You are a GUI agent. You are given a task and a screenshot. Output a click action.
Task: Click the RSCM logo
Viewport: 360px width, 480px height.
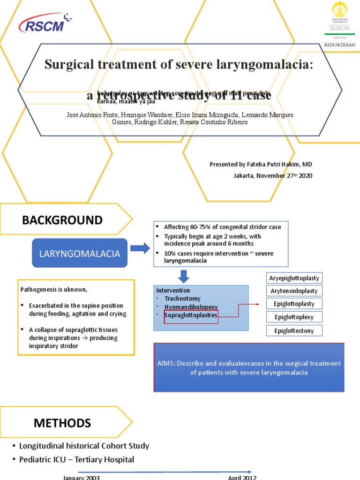click(x=45, y=24)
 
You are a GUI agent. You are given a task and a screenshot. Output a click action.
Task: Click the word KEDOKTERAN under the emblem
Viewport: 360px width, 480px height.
click(x=340, y=45)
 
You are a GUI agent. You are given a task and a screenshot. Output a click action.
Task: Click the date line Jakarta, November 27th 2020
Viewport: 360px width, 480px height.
click(x=272, y=176)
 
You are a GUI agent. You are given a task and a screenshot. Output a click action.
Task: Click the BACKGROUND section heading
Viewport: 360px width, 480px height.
click(x=62, y=220)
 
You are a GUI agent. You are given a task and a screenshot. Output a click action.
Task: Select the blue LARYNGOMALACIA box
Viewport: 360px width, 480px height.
click(x=79, y=254)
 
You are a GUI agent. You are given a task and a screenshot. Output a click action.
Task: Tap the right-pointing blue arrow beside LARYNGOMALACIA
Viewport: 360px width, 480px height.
click(x=139, y=248)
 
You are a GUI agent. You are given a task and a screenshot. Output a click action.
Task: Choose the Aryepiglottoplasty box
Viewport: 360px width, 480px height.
click(x=294, y=278)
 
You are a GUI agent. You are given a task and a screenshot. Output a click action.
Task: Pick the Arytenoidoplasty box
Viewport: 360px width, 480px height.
click(x=294, y=291)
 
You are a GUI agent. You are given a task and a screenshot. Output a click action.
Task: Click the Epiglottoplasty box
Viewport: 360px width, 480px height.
click(x=294, y=304)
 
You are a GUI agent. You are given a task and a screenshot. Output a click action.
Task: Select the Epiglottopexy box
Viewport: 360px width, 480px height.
click(x=294, y=317)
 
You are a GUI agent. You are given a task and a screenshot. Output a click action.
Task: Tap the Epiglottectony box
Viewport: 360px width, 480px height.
click(x=294, y=331)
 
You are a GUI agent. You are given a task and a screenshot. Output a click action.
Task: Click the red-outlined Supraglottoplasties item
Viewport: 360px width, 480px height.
click(x=191, y=315)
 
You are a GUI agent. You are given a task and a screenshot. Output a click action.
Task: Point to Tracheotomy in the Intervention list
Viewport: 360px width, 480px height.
click(x=182, y=299)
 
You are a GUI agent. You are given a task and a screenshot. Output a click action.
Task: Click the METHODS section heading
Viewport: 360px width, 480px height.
click(x=62, y=423)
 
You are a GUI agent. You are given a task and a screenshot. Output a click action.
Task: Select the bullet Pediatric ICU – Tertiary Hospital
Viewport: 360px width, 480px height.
click(x=76, y=460)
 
